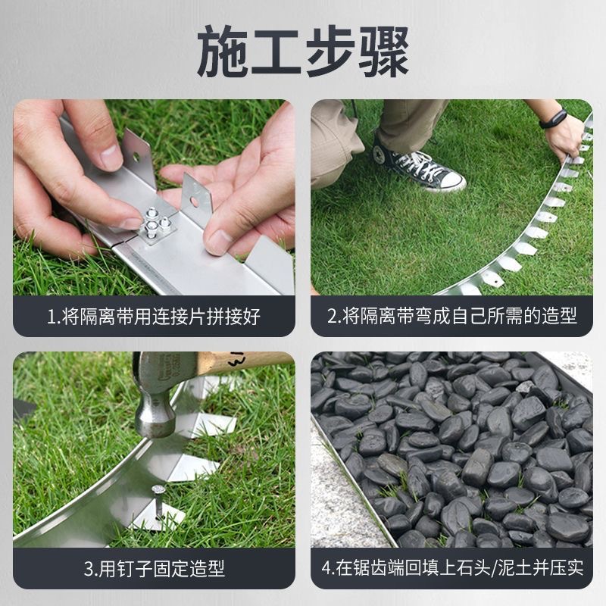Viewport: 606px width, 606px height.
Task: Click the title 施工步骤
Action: point(303,52)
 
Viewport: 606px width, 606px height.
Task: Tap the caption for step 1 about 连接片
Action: point(154,316)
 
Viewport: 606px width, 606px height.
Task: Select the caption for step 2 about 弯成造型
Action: point(451,316)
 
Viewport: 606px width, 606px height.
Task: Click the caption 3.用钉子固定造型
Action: point(154,567)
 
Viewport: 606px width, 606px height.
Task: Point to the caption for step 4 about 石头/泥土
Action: point(451,567)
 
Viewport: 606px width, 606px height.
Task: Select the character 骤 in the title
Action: point(383,52)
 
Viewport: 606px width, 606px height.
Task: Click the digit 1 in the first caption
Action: point(52,317)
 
